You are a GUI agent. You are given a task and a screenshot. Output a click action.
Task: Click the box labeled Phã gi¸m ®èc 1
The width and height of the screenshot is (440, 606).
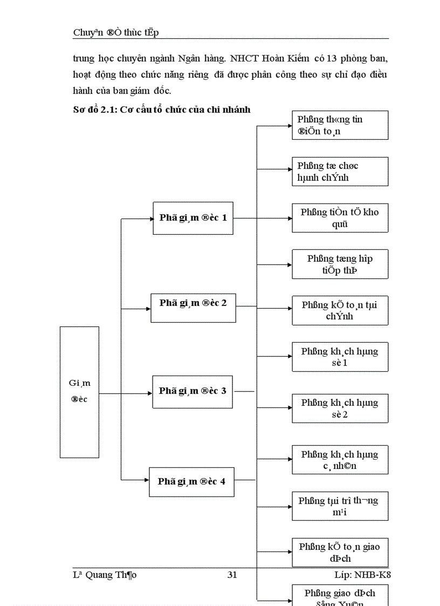tap(193, 218)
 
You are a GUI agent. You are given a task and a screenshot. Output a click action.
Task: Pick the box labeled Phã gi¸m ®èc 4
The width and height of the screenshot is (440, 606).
tap(191, 481)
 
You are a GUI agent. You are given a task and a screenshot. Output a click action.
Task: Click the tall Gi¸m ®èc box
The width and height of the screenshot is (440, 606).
tap(79, 392)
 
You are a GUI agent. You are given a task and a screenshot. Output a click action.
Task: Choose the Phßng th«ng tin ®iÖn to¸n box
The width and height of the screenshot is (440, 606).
tap(340, 125)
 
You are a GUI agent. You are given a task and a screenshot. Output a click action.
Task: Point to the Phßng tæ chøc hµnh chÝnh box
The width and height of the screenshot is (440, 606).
tap(340, 172)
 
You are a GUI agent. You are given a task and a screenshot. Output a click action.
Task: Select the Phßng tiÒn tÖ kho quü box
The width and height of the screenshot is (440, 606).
tap(340, 218)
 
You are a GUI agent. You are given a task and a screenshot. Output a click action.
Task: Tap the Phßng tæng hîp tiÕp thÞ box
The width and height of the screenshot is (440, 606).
tap(340, 264)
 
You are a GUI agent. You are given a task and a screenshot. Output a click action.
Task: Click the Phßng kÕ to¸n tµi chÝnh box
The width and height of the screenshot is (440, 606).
tap(340, 310)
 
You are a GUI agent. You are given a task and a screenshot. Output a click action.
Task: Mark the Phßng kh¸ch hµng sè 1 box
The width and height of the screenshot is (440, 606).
tap(340, 357)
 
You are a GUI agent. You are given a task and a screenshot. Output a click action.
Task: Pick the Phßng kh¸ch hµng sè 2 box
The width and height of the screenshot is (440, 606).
tap(340, 408)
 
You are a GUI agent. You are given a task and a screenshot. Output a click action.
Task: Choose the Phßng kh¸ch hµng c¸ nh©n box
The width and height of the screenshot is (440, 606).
tap(340, 460)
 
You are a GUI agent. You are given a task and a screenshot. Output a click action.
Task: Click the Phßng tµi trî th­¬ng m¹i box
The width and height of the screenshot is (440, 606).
tap(340, 506)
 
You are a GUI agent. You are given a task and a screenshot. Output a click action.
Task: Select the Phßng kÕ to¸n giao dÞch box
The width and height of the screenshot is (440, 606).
tap(340, 552)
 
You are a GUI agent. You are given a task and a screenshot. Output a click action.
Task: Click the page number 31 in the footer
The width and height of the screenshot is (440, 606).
tap(232, 575)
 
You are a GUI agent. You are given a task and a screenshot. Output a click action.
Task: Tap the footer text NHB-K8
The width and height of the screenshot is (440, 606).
tap(373, 575)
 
